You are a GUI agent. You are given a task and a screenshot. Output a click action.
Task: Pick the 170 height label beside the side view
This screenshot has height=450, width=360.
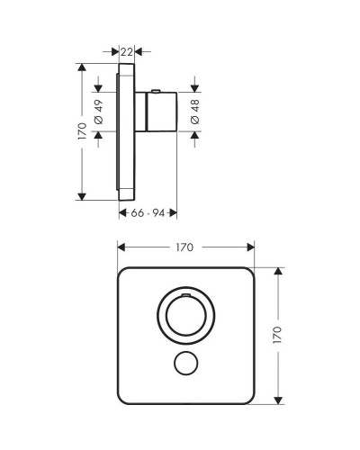[81, 131]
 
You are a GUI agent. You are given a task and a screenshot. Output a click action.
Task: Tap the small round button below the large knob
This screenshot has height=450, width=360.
[187, 364]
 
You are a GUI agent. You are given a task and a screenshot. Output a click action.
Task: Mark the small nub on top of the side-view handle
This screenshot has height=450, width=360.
[158, 90]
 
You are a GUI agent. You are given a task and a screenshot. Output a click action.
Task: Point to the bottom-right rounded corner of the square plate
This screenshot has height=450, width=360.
[251, 398]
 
